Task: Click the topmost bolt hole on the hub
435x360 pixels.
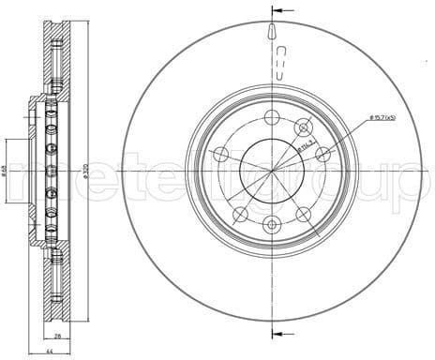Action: (x=271, y=117)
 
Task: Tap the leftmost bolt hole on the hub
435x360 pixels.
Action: (x=220, y=154)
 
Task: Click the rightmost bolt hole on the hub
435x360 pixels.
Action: (x=322, y=154)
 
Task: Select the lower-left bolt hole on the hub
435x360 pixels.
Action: (x=240, y=213)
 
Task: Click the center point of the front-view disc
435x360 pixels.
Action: (x=271, y=171)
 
